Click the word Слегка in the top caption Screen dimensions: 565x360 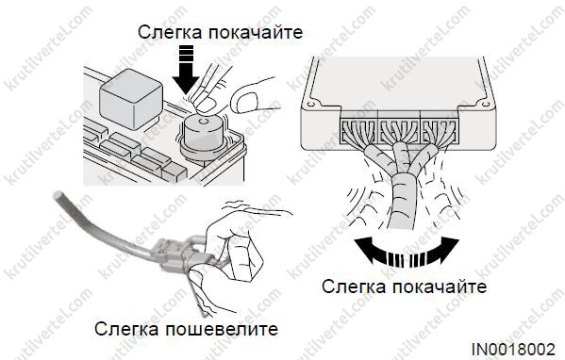170,32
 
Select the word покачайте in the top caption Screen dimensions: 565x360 256,32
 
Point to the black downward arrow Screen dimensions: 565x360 186,70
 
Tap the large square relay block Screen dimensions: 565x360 130,99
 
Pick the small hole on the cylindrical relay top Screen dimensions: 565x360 203,123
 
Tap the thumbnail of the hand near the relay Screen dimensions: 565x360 243,102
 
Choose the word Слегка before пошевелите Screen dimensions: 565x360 126,329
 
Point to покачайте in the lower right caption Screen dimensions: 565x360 440,286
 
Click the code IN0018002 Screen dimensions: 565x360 513,350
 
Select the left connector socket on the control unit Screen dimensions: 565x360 358,131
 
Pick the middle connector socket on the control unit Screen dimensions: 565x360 399,131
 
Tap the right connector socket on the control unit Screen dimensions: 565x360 440,131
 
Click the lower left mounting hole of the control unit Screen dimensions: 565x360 310,105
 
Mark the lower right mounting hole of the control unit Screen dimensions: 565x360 486,105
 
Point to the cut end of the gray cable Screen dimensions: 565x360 58,196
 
